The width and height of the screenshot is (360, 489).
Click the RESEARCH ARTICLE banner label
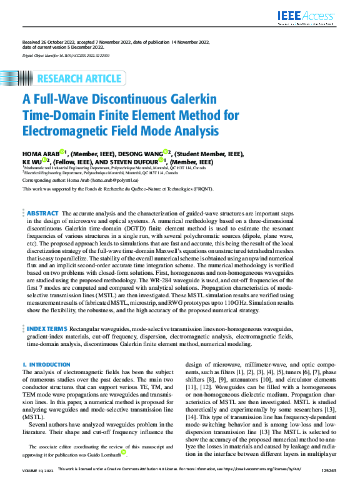[x=79, y=79]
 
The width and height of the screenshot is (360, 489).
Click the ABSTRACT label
[x=43, y=213]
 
